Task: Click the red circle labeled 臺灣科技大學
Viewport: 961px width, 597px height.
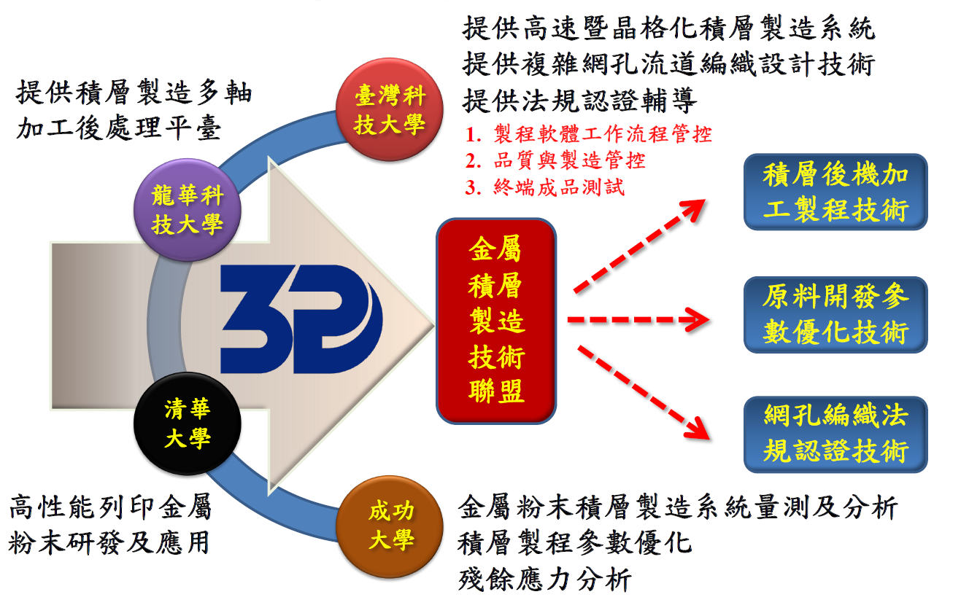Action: [390, 110]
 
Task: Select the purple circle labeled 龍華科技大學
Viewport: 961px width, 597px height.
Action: [188, 210]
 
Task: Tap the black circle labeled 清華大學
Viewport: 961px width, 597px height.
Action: [188, 424]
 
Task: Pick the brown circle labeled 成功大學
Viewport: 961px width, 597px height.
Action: [390, 527]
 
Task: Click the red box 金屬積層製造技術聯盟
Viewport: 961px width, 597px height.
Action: [496, 321]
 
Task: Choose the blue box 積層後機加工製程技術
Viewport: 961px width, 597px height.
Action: [835, 192]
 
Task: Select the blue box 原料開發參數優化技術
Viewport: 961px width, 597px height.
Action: [835, 315]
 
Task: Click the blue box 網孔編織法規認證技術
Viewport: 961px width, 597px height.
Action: [835, 434]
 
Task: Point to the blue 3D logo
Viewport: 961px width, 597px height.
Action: [301, 319]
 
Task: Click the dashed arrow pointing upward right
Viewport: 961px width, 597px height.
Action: [640, 246]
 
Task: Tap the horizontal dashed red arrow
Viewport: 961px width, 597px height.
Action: [638, 319]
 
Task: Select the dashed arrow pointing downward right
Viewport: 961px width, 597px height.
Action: [643, 393]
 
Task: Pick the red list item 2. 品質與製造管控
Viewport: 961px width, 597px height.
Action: [555, 160]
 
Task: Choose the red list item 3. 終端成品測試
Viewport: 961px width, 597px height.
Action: [545, 187]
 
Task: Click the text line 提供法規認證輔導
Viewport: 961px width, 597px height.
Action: [579, 101]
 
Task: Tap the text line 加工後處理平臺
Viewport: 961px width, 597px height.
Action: [119, 128]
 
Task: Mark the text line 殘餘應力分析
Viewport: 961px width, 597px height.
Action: [544, 580]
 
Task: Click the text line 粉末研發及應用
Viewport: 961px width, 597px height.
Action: [109, 543]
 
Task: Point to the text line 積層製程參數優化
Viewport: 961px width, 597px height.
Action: [574, 543]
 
